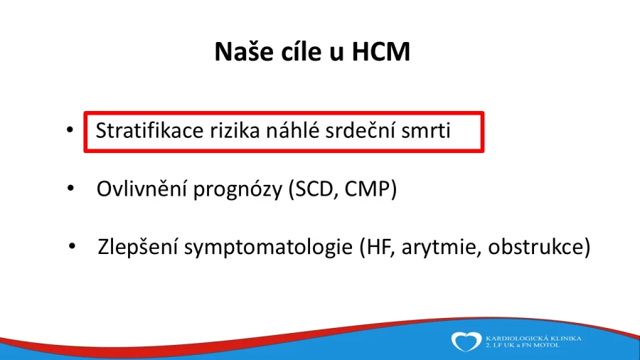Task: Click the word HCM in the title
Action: tap(381, 51)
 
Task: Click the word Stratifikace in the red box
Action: tap(149, 131)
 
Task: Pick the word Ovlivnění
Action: tap(142, 189)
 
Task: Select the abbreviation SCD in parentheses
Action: tap(314, 189)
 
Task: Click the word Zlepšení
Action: tap(138, 247)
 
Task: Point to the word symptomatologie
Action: tap(269, 248)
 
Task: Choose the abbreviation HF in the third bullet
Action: tap(379, 247)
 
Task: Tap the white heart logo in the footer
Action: tap(466, 342)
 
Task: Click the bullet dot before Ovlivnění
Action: tap(70, 188)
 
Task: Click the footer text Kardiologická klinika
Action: tap(533, 339)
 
